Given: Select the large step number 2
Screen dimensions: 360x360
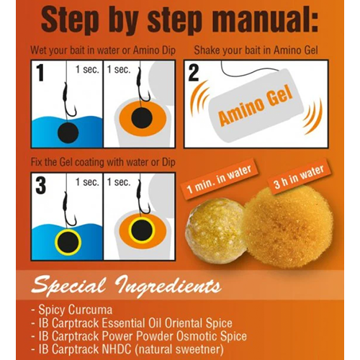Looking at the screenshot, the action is (x=194, y=73).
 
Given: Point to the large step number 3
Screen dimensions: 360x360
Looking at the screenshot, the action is (x=41, y=185).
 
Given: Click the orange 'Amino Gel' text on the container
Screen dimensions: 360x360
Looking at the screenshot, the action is (x=256, y=106).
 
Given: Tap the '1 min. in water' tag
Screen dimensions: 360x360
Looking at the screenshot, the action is (x=219, y=179).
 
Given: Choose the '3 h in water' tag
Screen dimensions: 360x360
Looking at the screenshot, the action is (x=299, y=177).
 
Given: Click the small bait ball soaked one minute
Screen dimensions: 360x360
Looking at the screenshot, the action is (x=215, y=230).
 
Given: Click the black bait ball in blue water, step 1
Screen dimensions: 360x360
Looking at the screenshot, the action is (x=68, y=132).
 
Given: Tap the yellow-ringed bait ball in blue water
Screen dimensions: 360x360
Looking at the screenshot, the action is (x=68, y=242).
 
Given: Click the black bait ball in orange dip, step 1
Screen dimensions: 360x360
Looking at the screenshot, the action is (x=142, y=118).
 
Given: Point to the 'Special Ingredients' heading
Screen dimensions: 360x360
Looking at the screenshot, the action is (x=127, y=286).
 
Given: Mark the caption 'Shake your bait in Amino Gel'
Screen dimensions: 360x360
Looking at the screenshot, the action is (x=256, y=50).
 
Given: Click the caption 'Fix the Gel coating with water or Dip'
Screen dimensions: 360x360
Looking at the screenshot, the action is (x=103, y=162).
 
